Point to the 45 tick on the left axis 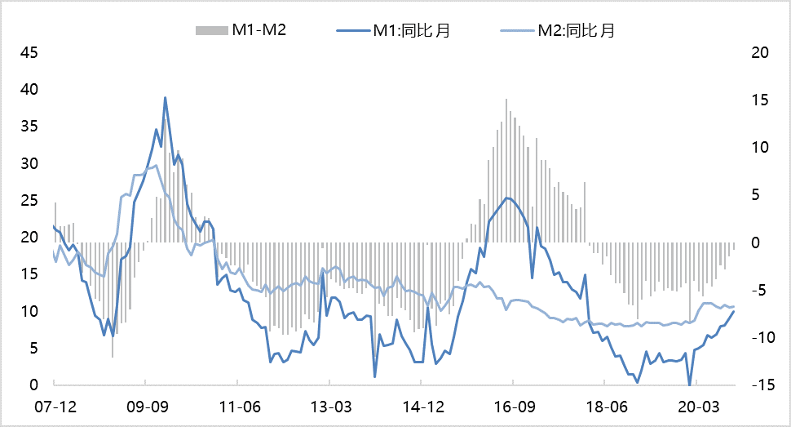(29, 53)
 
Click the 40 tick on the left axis (29, 90)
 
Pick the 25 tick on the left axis (29, 201)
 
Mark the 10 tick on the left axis (29, 312)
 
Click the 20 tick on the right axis (759, 53)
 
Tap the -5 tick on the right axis (759, 291)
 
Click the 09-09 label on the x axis (145, 407)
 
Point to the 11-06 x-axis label (238, 407)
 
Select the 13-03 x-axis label (329, 407)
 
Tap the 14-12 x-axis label (422, 407)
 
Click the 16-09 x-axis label (513, 407)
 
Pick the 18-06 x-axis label (603, 407)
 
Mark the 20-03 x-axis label (695, 407)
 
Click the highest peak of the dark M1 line (165, 97)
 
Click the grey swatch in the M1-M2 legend (210, 30)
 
